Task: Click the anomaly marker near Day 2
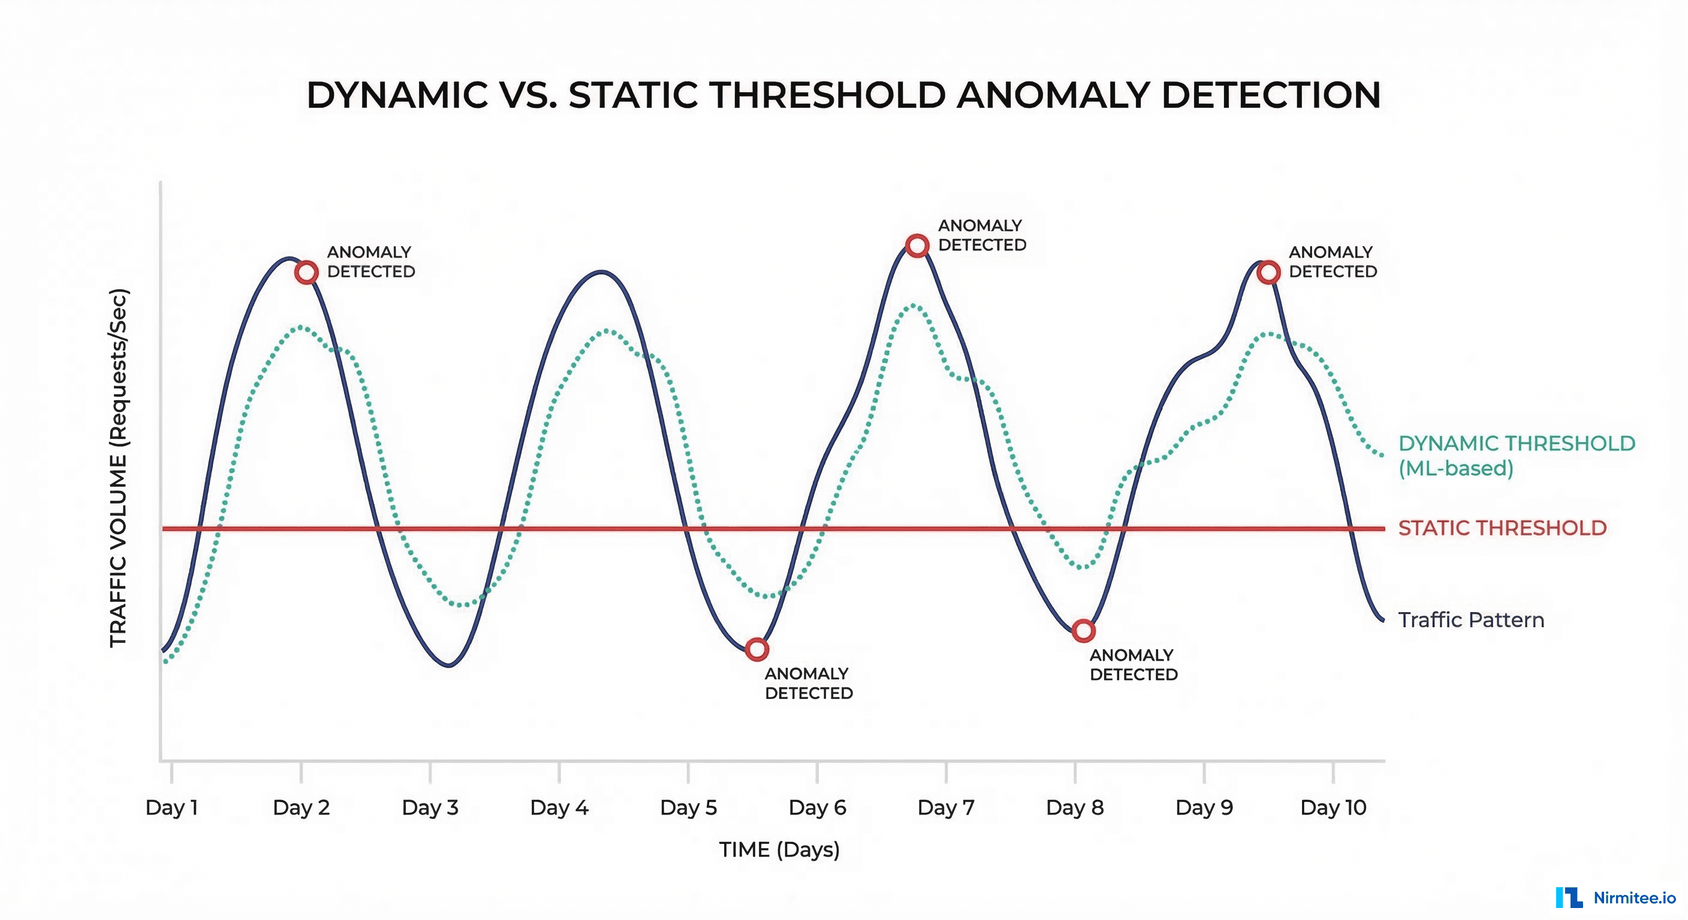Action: click(306, 272)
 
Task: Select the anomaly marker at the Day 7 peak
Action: click(917, 246)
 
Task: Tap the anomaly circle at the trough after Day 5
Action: click(757, 649)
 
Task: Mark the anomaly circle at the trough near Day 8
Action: click(1083, 631)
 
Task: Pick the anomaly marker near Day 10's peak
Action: click(1268, 272)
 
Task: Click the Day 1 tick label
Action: click(171, 807)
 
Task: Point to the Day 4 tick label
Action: click(559, 807)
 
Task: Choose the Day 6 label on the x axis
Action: click(817, 807)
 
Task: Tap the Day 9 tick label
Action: click(1204, 807)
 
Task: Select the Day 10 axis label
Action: click(1333, 807)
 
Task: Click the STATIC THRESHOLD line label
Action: click(1502, 528)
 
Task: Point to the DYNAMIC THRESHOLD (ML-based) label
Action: click(1517, 456)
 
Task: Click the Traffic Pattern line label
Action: click(1471, 619)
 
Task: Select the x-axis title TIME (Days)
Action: click(779, 849)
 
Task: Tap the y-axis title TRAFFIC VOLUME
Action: click(119, 468)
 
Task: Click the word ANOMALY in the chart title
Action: click(1053, 96)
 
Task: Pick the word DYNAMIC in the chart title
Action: click(397, 96)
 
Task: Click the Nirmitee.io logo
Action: click(1616, 897)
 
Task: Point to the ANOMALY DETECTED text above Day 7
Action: click(982, 235)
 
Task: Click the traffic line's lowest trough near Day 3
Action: click(449, 665)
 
